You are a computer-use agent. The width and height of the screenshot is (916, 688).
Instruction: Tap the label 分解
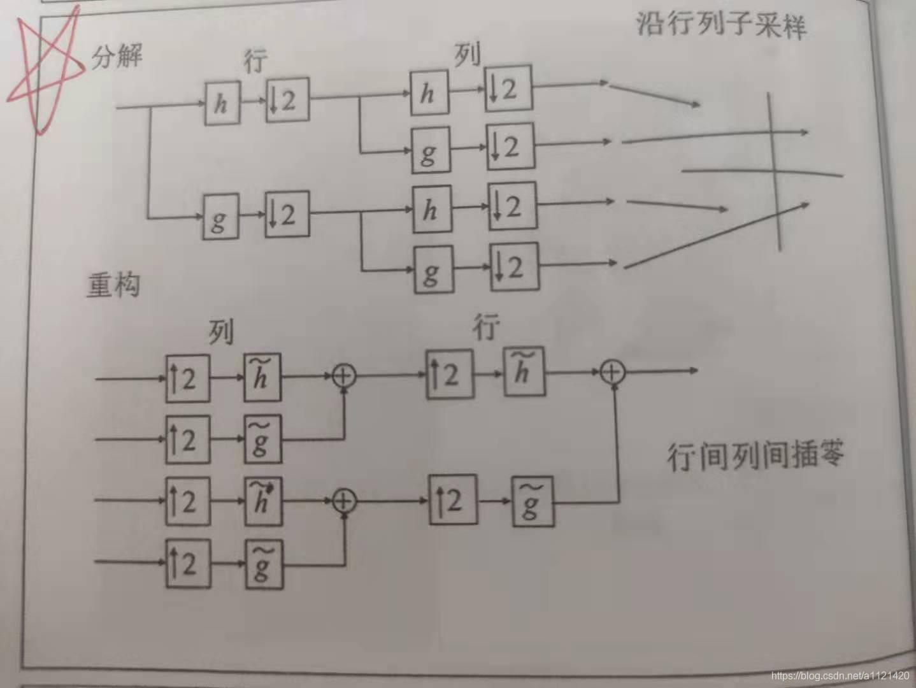[x=117, y=57]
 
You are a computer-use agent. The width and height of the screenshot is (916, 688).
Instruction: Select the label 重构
[x=113, y=285]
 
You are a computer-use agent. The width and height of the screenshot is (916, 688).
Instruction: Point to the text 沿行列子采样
[x=721, y=25]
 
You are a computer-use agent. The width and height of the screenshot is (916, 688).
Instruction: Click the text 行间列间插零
[x=755, y=455]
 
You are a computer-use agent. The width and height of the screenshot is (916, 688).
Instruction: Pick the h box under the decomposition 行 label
[x=222, y=103]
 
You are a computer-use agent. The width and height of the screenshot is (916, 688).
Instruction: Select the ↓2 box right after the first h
[x=287, y=100]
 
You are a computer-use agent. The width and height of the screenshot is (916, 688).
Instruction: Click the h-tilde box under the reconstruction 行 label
[x=524, y=371]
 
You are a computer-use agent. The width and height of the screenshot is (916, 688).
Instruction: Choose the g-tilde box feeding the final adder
[x=533, y=503]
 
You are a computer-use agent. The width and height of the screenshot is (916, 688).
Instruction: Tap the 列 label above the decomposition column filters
[x=467, y=55]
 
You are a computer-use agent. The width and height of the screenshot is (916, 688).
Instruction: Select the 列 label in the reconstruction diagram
[x=220, y=332]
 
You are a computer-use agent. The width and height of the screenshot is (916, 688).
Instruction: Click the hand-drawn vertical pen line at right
[x=775, y=172]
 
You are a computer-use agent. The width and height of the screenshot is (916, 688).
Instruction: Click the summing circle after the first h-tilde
[x=344, y=376]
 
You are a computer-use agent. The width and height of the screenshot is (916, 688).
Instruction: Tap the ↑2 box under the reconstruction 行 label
[x=450, y=374]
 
